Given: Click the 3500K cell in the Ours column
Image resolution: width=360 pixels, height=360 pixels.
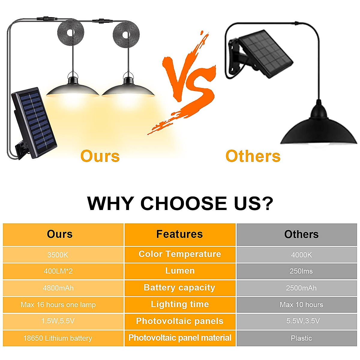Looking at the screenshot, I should click(x=58, y=255).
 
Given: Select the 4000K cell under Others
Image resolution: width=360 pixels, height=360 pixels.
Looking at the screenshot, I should click(x=301, y=255).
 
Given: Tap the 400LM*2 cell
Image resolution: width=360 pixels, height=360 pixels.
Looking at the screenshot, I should click(x=58, y=271).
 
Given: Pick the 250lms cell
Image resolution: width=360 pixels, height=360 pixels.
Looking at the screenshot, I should click(x=301, y=271).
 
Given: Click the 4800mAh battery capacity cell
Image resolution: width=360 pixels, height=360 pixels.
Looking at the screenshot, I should click(x=58, y=288).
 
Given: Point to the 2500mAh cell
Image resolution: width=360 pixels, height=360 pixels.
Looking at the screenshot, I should click(x=301, y=288).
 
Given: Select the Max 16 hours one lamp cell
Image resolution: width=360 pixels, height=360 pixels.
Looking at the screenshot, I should click(x=58, y=305).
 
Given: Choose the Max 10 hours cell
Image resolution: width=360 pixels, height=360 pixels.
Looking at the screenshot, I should click(x=301, y=305).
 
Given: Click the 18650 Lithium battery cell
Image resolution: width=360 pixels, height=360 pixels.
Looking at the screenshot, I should click(x=58, y=338).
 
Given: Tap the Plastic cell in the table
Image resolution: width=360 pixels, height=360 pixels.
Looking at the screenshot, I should click(x=301, y=338).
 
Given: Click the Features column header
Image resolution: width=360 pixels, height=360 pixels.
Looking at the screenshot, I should click(x=180, y=234).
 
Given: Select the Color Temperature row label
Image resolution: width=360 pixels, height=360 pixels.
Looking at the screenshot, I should click(x=180, y=254).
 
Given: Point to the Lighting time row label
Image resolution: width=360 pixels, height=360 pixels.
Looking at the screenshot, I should click(x=180, y=304).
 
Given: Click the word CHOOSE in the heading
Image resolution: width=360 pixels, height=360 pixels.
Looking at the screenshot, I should click(x=184, y=203).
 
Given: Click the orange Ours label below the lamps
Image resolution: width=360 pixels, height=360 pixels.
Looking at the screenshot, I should click(x=100, y=156).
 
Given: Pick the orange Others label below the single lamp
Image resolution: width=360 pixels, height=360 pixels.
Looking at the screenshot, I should click(x=253, y=156).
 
